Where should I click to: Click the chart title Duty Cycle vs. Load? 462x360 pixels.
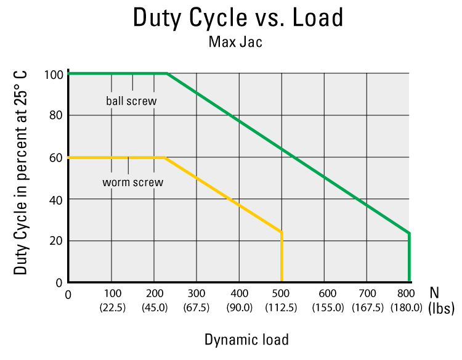tap(238, 18)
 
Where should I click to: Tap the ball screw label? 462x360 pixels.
tap(131, 100)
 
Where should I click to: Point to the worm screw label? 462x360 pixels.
tap(132, 182)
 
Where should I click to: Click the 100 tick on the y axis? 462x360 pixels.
tap(54, 75)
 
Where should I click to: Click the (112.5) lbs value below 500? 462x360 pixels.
tap(282, 308)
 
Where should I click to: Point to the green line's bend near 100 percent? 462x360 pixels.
tap(168, 73)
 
